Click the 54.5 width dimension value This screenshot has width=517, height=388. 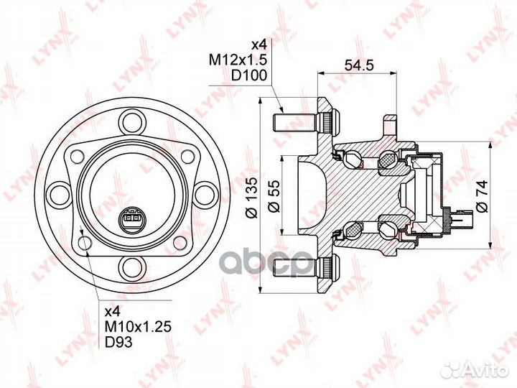(x=359, y=65)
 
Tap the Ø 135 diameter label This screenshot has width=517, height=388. (x=252, y=198)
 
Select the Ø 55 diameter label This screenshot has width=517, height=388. (x=274, y=196)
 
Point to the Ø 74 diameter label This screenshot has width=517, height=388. (x=482, y=196)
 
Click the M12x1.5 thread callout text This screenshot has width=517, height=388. (x=238, y=60)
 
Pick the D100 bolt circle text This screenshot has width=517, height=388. (x=248, y=75)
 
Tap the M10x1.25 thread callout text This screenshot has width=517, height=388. (x=138, y=327)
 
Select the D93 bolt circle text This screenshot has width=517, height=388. (x=118, y=342)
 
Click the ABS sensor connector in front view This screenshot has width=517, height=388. (x=132, y=218)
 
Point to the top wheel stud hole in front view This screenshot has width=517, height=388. (x=132, y=121)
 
